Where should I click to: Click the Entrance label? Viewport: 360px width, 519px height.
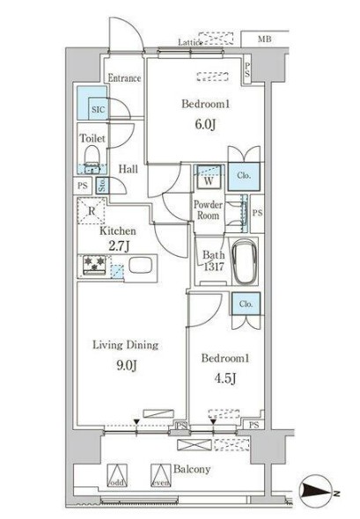[124, 78]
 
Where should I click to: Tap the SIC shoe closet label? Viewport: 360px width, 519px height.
[97, 110]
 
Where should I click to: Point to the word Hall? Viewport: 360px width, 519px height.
[129, 168]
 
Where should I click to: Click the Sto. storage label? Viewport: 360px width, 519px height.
[103, 186]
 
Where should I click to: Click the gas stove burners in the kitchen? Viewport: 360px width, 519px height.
[95, 265]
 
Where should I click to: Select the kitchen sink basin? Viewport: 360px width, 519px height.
[142, 265]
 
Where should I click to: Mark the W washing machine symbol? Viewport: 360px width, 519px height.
[209, 183]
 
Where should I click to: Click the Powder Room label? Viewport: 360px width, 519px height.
[208, 210]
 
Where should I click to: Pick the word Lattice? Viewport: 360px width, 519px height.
[191, 41]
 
